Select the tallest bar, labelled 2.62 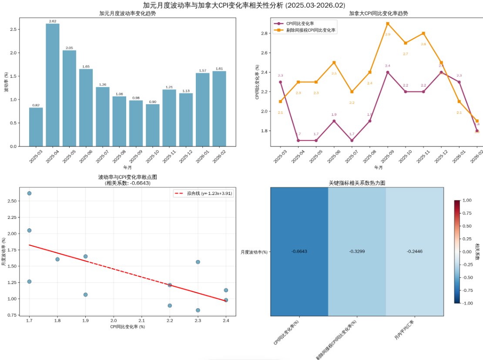click(x=53, y=85)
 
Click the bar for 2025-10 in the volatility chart click(x=152, y=125)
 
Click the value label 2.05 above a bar click(x=69, y=48)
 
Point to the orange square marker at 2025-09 click(x=387, y=23)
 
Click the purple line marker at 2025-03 click(x=280, y=82)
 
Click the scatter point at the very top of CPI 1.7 click(x=29, y=193)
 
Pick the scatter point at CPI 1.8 click(x=57, y=259)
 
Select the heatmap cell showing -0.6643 click(x=299, y=251)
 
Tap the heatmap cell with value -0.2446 click(x=415, y=251)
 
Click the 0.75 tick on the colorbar click(x=466, y=213)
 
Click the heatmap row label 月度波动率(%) click(x=254, y=252)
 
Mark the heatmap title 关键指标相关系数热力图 click(x=357, y=183)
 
